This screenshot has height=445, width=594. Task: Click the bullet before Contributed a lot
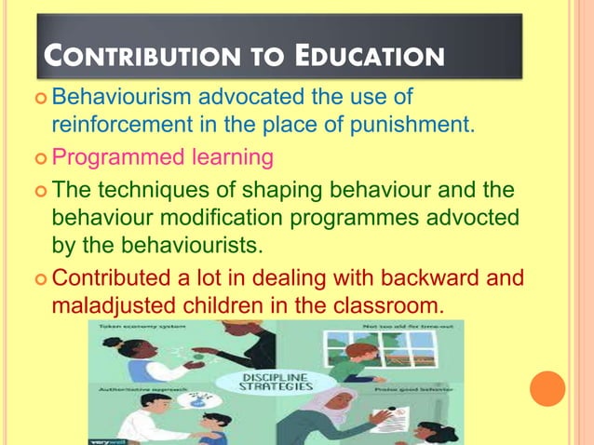tap(40, 278)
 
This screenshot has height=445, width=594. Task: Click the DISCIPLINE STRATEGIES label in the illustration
tap(272, 382)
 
